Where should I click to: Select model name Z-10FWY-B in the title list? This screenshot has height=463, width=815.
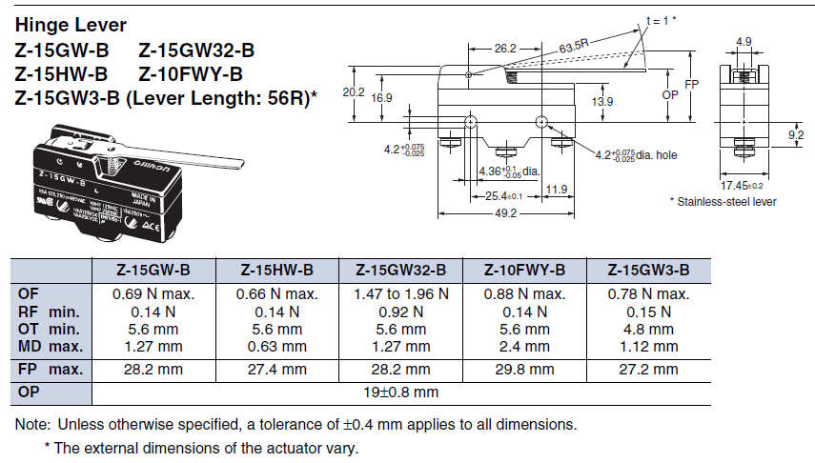191,73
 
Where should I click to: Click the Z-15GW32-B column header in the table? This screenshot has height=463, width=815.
400,270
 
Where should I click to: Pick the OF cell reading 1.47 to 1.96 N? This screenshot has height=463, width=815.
400,294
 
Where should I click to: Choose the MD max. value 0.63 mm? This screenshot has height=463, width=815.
276,345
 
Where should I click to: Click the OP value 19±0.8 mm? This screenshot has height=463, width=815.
399,392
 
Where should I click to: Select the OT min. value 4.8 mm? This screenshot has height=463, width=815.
648,328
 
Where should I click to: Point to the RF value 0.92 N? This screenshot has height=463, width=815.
400,312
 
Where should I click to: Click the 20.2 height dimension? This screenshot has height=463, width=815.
354,93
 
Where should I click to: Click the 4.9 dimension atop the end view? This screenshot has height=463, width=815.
744,41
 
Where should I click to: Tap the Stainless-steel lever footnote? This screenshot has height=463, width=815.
724,201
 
